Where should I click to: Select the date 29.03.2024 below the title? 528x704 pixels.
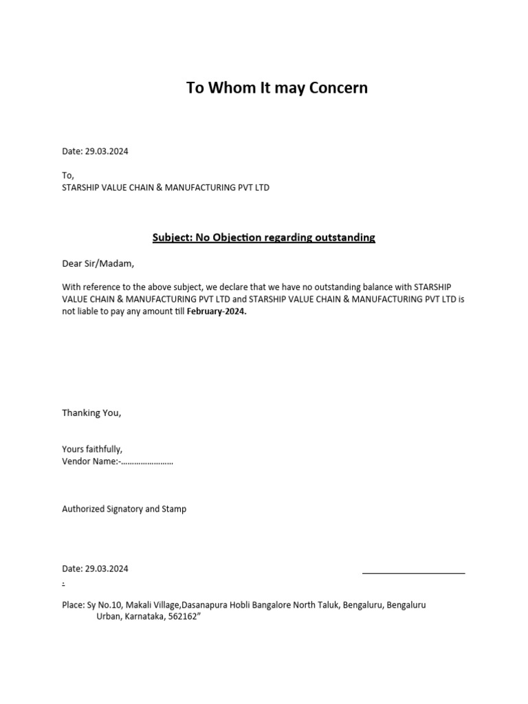(x=107, y=151)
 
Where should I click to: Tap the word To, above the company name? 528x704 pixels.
(x=68, y=175)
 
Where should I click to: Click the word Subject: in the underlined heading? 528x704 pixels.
(x=172, y=238)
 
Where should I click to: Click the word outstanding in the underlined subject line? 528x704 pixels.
(x=345, y=238)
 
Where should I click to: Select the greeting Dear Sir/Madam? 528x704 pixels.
(x=98, y=263)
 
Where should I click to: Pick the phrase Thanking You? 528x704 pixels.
(x=91, y=413)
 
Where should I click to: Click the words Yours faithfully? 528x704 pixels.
(x=92, y=450)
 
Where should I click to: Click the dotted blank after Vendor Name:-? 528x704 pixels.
(x=147, y=462)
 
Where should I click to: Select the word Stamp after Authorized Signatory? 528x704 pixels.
(x=174, y=509)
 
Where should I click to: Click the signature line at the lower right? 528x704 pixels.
(x=413, y=572)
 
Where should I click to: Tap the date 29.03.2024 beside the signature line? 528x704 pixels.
(x=107, y=569)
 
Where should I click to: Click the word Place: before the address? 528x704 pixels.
(x=73, y=605)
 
